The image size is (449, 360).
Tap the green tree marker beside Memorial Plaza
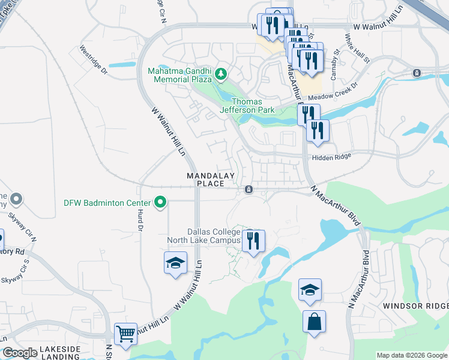click(221, 74)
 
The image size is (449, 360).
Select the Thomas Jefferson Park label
click(247, 106)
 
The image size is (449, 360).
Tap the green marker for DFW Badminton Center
click(160, 202)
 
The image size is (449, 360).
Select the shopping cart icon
click(125, 333)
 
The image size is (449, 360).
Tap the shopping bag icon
click(314, 322)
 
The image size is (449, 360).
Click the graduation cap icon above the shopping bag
click(310, 290)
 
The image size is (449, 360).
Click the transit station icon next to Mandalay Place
click(248, 190)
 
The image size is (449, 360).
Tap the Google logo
click(20, 352)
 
